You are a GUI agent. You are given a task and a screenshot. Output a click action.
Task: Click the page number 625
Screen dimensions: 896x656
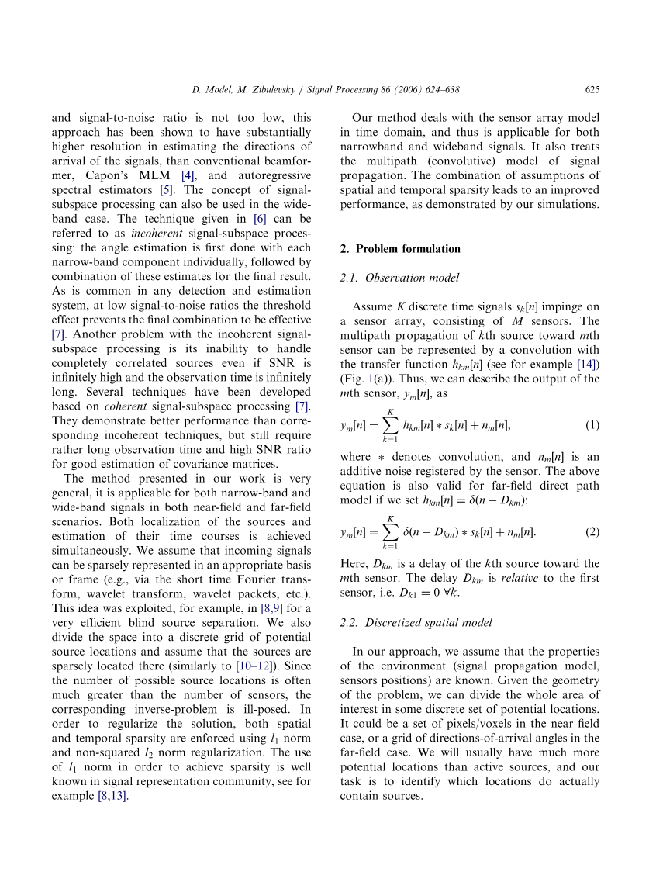point(592,90)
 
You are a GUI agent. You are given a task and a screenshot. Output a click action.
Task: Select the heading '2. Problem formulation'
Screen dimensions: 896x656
point(400,249)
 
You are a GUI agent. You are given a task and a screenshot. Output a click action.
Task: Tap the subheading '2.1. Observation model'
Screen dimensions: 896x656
point(400,278)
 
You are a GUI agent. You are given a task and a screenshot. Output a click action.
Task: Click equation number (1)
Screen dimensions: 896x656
point(592,425)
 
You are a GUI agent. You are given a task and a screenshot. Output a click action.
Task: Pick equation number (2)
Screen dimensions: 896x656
point(592,532)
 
